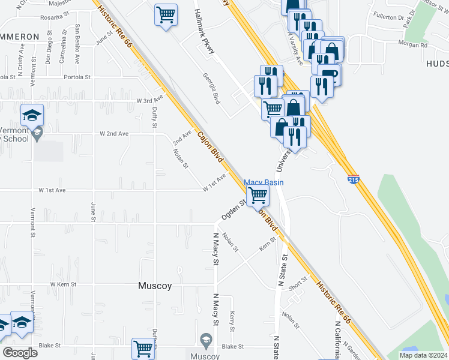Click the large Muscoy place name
click(155, 286)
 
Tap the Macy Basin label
click(263, 182)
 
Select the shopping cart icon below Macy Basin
click(258, 194)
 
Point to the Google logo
click(20, 352)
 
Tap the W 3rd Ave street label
click(149, 100)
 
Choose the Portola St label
click(78, 77)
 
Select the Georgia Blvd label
click(211, 89)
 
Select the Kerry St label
click(232, 321)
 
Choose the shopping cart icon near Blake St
click(143, 349)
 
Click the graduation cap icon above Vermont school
click(32, 113)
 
